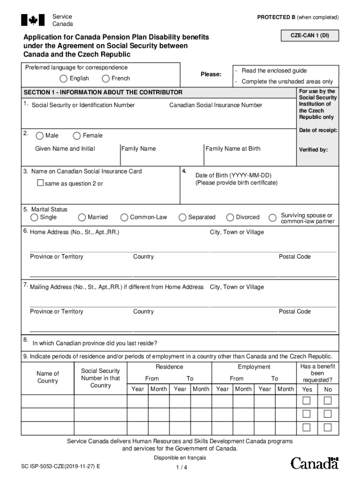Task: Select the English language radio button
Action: pyautogui.click(x=63, y=79)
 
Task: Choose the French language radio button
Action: pyautogui.click(x=106, y=79)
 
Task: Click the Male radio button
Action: pyautogui.click(x=40, y=136)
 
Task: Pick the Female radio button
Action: pyautogui.click(x=77, y=136)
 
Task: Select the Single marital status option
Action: pyautogui.click(x=35, y=218)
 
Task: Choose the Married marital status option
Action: pyautogui.click(x=82, y=218)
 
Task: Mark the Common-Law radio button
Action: pyautogui.click(x=124, y=218)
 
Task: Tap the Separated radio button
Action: pyautogui.click(x=182, y=218)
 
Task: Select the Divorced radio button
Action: pyautogui.click(x=230, y=218)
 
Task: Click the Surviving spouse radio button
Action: pyautogui.click(x=272, y=218)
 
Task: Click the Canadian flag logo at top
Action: pyautogui.click(x=33, y=20)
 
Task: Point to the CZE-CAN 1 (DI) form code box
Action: pyautogui.click(x=310, y=35)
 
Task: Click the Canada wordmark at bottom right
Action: pyautogui.click(x=314, y=463)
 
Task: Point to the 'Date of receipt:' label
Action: pyautogui.click(x=318, y=130)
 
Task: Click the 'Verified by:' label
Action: pyautogui.click(x=313, y=150)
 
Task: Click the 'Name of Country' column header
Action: pyautogui.click(x=48, y=377)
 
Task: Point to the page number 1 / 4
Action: pyautogui.click(x=181, y=468)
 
